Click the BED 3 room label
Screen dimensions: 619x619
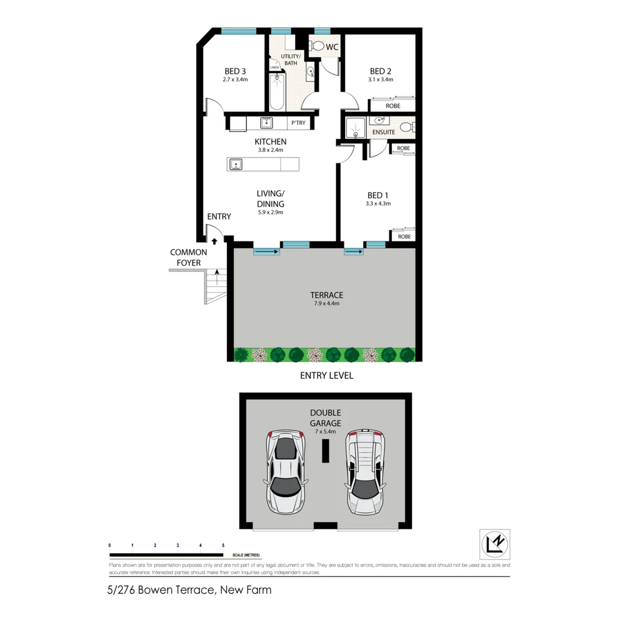(236, 71)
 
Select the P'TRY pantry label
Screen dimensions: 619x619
(298, 123)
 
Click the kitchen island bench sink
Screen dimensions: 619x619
(236, 165)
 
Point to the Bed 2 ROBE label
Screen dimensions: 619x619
(392, 107)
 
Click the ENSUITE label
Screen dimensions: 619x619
(383, 132)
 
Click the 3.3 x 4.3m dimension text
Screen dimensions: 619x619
(378, 203)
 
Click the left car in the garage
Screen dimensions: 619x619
(285, 471)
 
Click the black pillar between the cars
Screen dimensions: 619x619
(325, 452)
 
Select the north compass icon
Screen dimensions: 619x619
(494, 544)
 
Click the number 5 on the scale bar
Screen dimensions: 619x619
(223, 545)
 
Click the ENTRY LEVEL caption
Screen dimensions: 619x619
(327, 376)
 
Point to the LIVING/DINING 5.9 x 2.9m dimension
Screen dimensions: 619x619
(271, 212)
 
